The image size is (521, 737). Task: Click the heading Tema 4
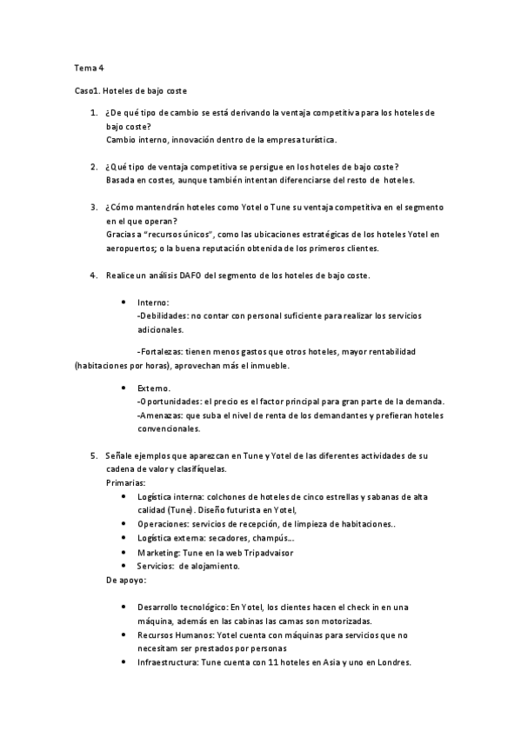click(x=87, y=66)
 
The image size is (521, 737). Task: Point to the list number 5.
click(x=93, y=455)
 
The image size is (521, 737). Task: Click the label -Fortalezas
click(x=162, y=352)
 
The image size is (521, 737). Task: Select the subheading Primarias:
click(x=125, y=482)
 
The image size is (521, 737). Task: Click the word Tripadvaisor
click(x=266, y=552)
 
